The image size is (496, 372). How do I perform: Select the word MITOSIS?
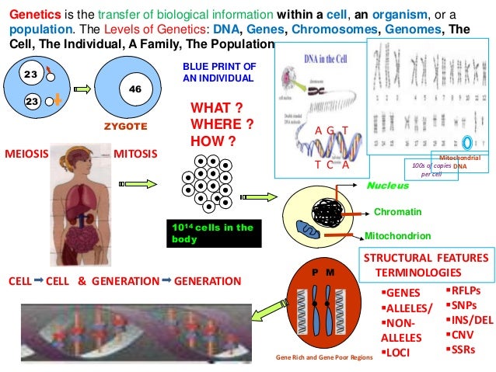pyautogui.click(x=135, y=153)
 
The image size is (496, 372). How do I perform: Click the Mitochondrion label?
pyautogui.click(x=398, y=235)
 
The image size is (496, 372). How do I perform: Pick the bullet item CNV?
pyautogui.click(x=462, y=335)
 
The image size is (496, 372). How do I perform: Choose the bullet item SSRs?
pyautogui.click(x=463, y=349)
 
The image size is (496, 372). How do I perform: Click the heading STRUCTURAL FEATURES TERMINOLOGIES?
pyautogui.click(x=425, y=266)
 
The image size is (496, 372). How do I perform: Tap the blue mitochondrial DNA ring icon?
pyautogui.click(x=466, y=142)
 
